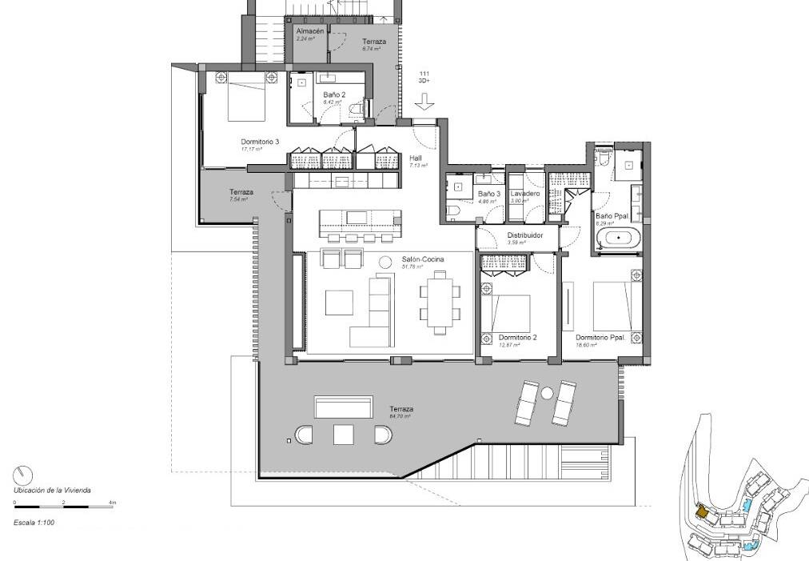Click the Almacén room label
tap(309, 30)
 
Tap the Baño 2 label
tap(334, 94)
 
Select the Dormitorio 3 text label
tap(260, 142)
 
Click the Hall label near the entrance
tap(415, 158)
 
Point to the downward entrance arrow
tap(424, 102)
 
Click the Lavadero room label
tap(524, 194)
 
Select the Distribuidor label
tap(525, 235)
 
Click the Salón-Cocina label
tap(423, 259)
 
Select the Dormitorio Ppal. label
tap(600, 337)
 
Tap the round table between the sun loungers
tap(548, 394)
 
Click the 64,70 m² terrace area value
tap(400, 416)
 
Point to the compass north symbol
tap(23, 473)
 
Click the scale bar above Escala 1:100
tap(64, 507)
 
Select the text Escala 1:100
tap(34, 521)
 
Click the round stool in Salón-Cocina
tap(385, 261)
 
